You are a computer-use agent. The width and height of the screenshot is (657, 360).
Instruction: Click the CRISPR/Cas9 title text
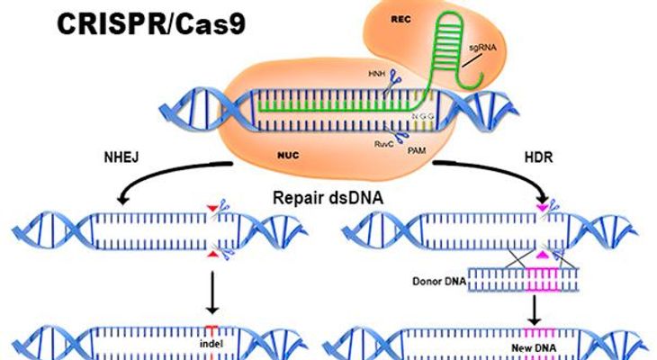[151, 24]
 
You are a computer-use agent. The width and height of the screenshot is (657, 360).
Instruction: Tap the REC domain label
[400, 19]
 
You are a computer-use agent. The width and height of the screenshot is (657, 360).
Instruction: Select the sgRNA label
[482, 48]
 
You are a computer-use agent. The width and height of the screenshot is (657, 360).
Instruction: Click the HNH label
[376, 74]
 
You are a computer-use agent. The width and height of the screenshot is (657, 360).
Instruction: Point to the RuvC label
[383, 144]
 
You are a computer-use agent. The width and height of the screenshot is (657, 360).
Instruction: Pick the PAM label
[417, 149]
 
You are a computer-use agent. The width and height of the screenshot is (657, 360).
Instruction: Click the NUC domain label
[288, 156]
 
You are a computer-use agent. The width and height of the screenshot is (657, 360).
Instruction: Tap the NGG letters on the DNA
[422, 116]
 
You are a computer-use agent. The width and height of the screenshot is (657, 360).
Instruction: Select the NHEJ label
[121, 157]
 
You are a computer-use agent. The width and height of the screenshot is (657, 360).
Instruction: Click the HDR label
[538, 157]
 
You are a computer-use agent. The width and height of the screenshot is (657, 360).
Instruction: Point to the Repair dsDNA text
[328, 197]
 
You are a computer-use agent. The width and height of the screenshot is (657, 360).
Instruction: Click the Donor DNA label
[439, 281]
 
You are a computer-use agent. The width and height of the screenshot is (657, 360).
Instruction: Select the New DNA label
[534, 347]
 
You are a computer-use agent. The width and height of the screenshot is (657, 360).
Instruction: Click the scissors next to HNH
[393, 80]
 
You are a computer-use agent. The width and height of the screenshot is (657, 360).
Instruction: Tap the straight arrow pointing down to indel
[212, 292]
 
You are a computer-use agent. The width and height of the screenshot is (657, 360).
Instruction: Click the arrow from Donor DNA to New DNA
[534, 310]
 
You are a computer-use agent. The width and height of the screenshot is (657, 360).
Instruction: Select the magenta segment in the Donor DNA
[543, 280]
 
